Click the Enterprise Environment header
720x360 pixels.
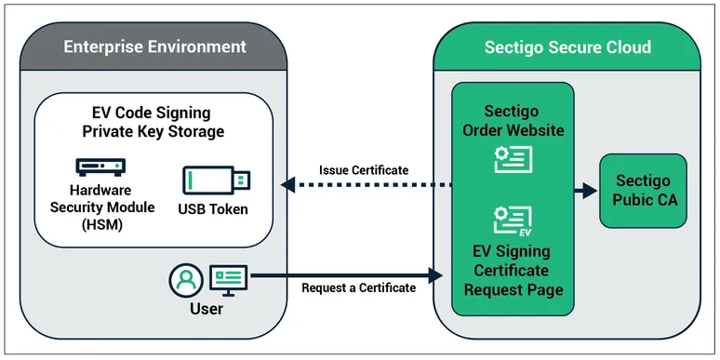pyautogui.click(x=154, y=47)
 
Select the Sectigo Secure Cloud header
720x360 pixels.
pyautogui.click(x=567, y=47)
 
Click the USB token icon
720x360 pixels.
pyautogui.click(x=216, y=179)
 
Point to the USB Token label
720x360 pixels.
pyautogui.click(x=213, y=208)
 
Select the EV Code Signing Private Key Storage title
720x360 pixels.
pyautogui.click(x=153, y=123)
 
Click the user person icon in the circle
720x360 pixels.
pyautogui.click(x=186, y=278)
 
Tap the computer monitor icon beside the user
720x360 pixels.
pyautogui.click(x=228, y=277)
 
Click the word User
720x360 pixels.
pyautogui.click(x=206, y=308)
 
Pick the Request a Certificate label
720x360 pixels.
pyautogui.click(x=358, y=287)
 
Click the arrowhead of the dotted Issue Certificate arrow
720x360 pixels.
pyautogui.click(x=288, y=186)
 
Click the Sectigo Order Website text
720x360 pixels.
pyautogui.click(x=513, y=120)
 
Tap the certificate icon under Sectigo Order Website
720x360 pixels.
pyautogui.click(x=513, y=158)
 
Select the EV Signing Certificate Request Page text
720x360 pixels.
pyautogui.click(x=513, y=271)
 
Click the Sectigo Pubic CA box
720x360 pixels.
pyautogui.click(x=643, y=192)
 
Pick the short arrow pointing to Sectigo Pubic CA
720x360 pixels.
pyautogui.click(x=585, y=192)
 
